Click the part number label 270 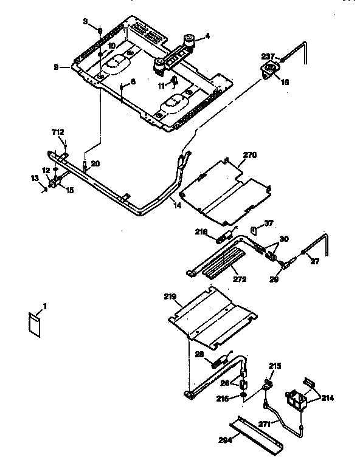coord(234,156)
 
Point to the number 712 coord(57,132)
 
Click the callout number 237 coord(269,57)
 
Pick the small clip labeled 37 coord(255,229)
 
